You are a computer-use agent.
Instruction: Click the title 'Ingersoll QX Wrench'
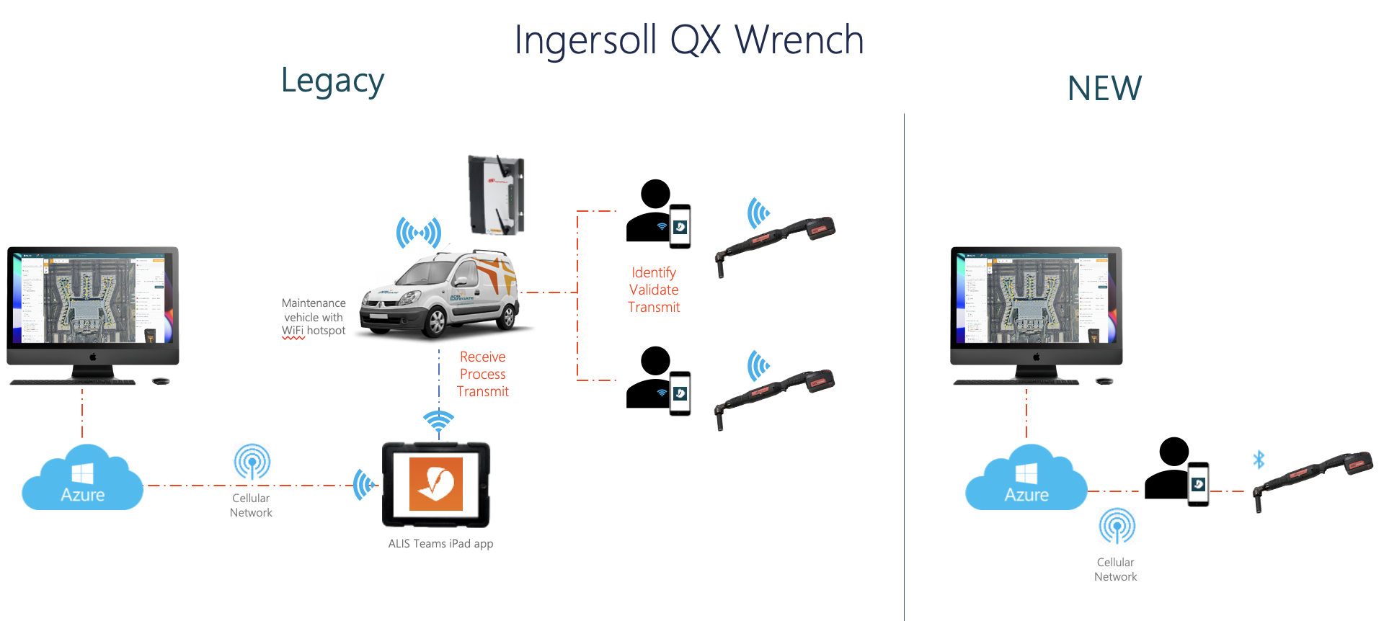[689, 40]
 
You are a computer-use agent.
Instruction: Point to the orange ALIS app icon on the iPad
[435, 484]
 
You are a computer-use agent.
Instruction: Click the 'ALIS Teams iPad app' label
[440, 544]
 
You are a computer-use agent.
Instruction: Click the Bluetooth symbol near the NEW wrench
[1259, 460]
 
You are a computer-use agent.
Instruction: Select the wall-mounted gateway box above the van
[496, 195]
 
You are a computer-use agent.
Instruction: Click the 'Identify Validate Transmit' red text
[654, 290]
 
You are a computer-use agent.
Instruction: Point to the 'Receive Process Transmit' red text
[483, 374]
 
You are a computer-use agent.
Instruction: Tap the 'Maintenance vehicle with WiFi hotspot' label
[314, 317]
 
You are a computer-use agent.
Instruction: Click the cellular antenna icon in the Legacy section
[252, 462]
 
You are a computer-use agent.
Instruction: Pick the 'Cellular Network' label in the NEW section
[1115, 569]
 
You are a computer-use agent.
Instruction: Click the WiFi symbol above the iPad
[438, 421]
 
